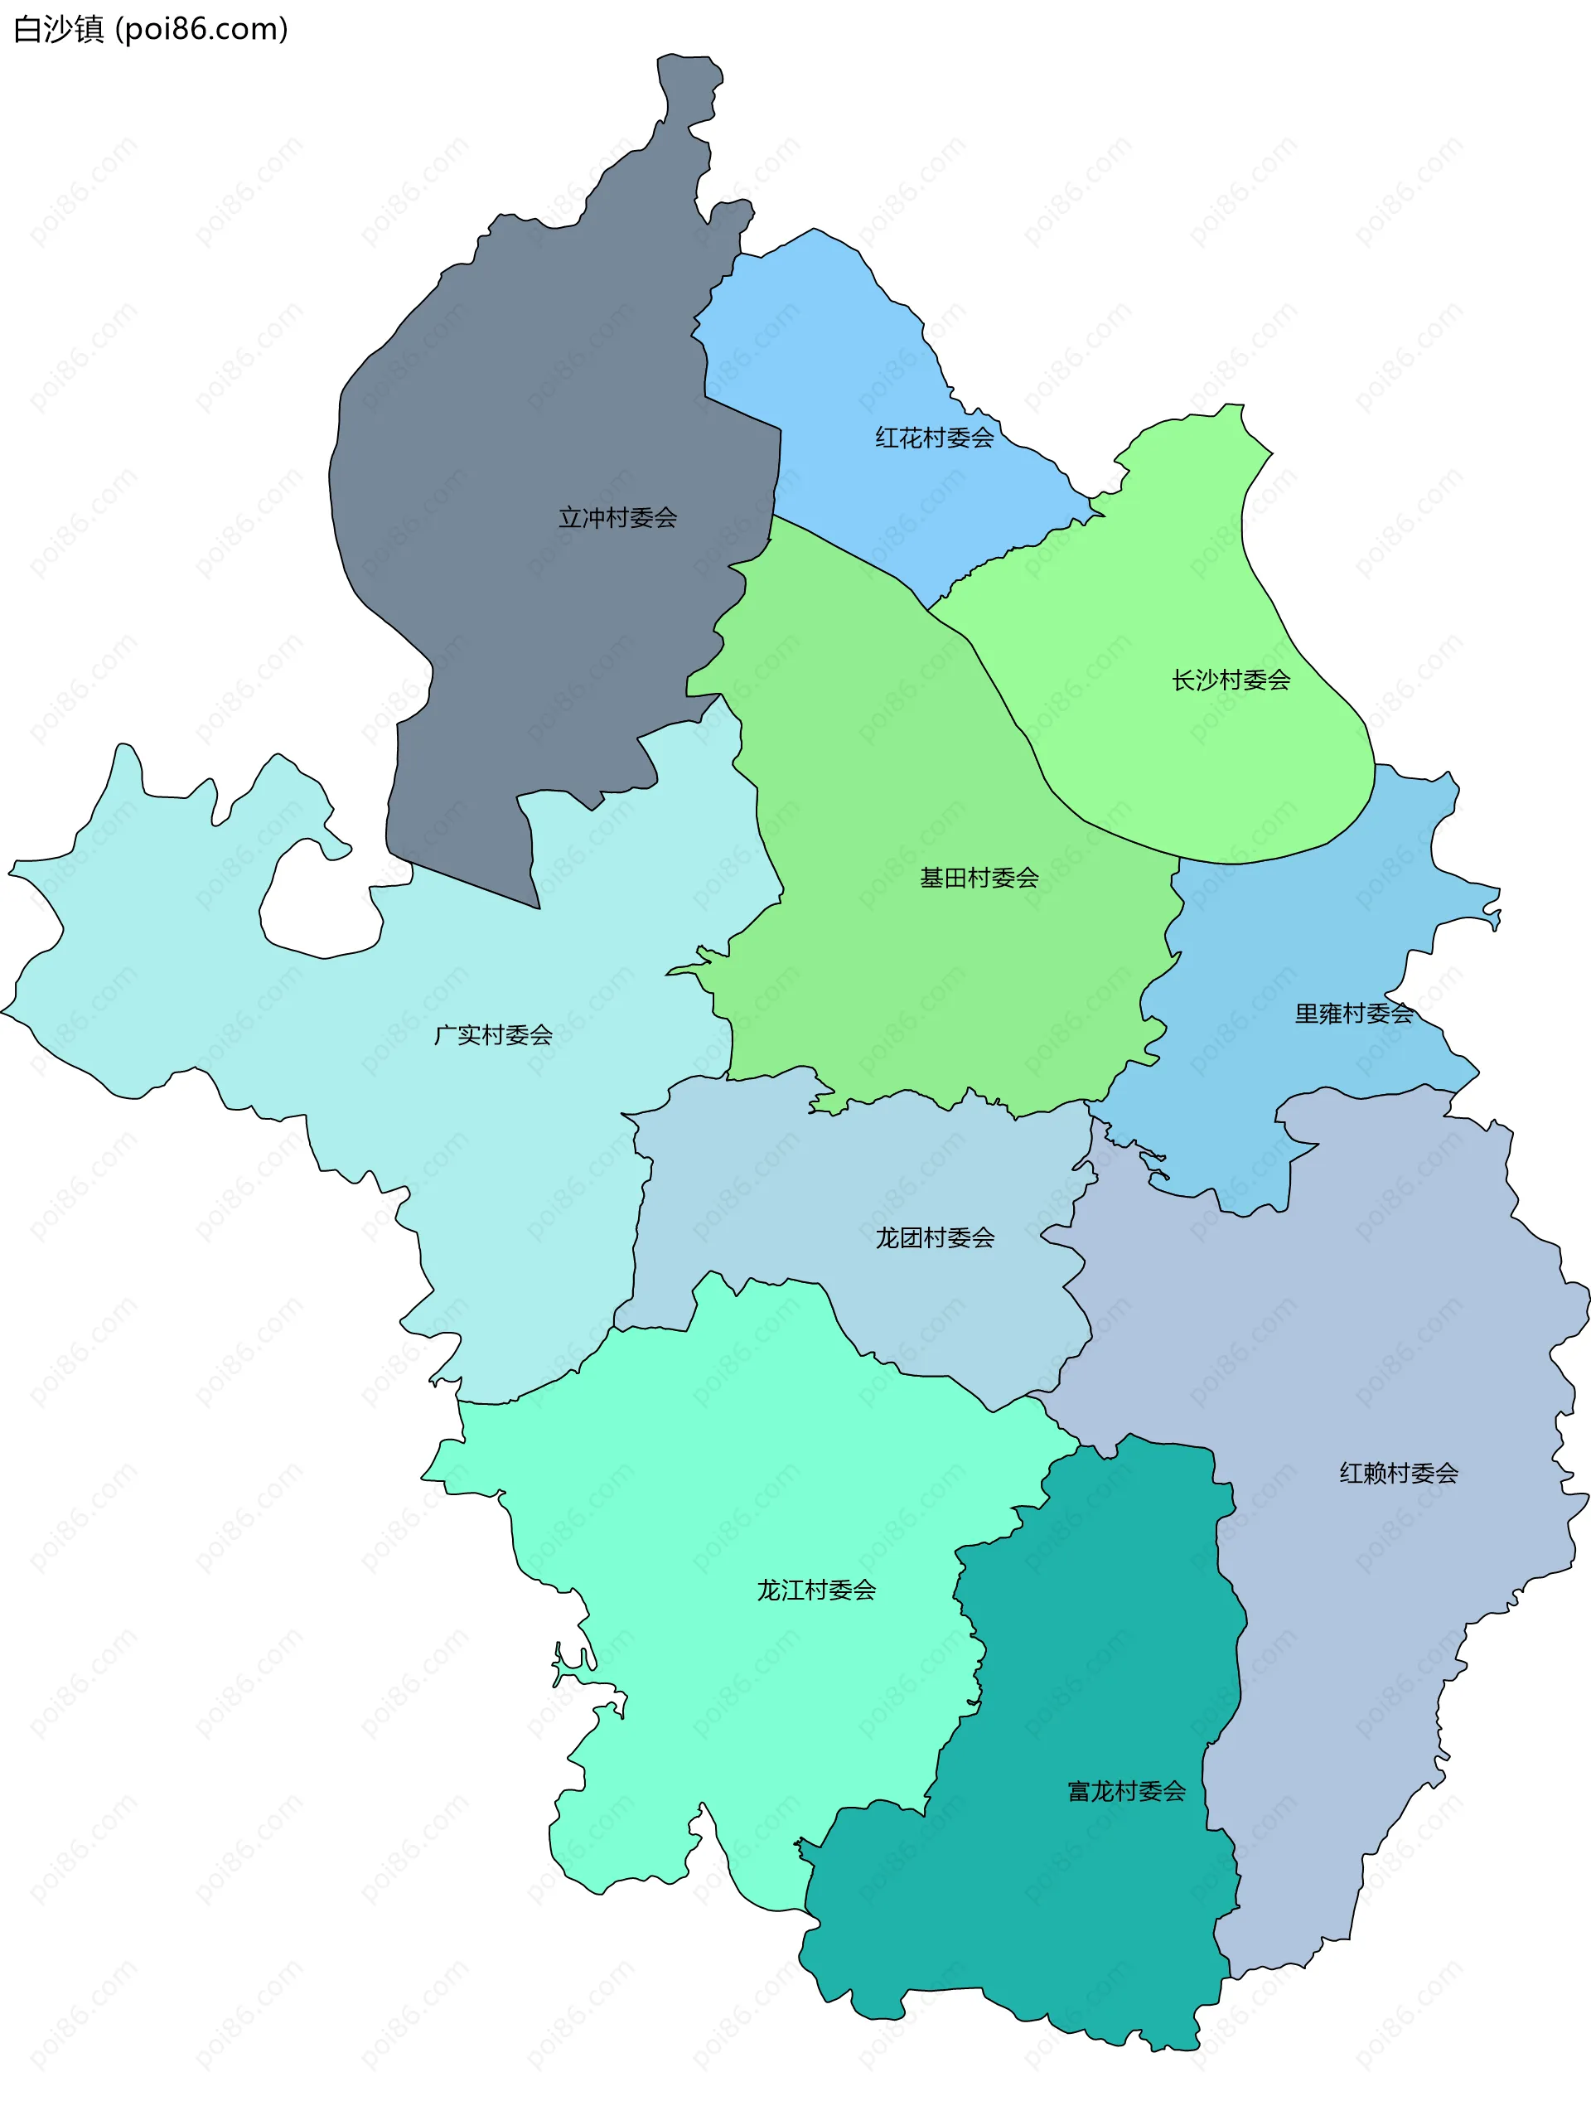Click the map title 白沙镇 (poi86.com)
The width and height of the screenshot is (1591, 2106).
[x=151, y=30]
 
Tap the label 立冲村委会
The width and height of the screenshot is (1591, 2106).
[x=617, y=518]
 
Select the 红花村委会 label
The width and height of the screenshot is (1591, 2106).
[x=934, y=438]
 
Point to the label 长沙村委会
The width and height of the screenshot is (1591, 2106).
[x=1231, y=680]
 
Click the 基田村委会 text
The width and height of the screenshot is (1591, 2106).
[x=979, y=878]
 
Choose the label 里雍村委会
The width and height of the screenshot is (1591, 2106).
[x=1353, y=1013]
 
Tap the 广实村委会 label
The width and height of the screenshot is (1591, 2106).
[x=493, y=1035]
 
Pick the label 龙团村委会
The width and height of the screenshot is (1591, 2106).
[x=935, y=1237]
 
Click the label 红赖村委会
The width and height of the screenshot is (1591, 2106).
[x=1398, y=1473]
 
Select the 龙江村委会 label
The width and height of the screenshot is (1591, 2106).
[x=816, y=1590]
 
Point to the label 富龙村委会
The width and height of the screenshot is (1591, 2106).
[x=1126, y=1792]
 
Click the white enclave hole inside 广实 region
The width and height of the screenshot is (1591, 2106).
[x=319, y=904]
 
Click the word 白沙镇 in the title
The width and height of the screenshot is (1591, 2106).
[x=58, y=30]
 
